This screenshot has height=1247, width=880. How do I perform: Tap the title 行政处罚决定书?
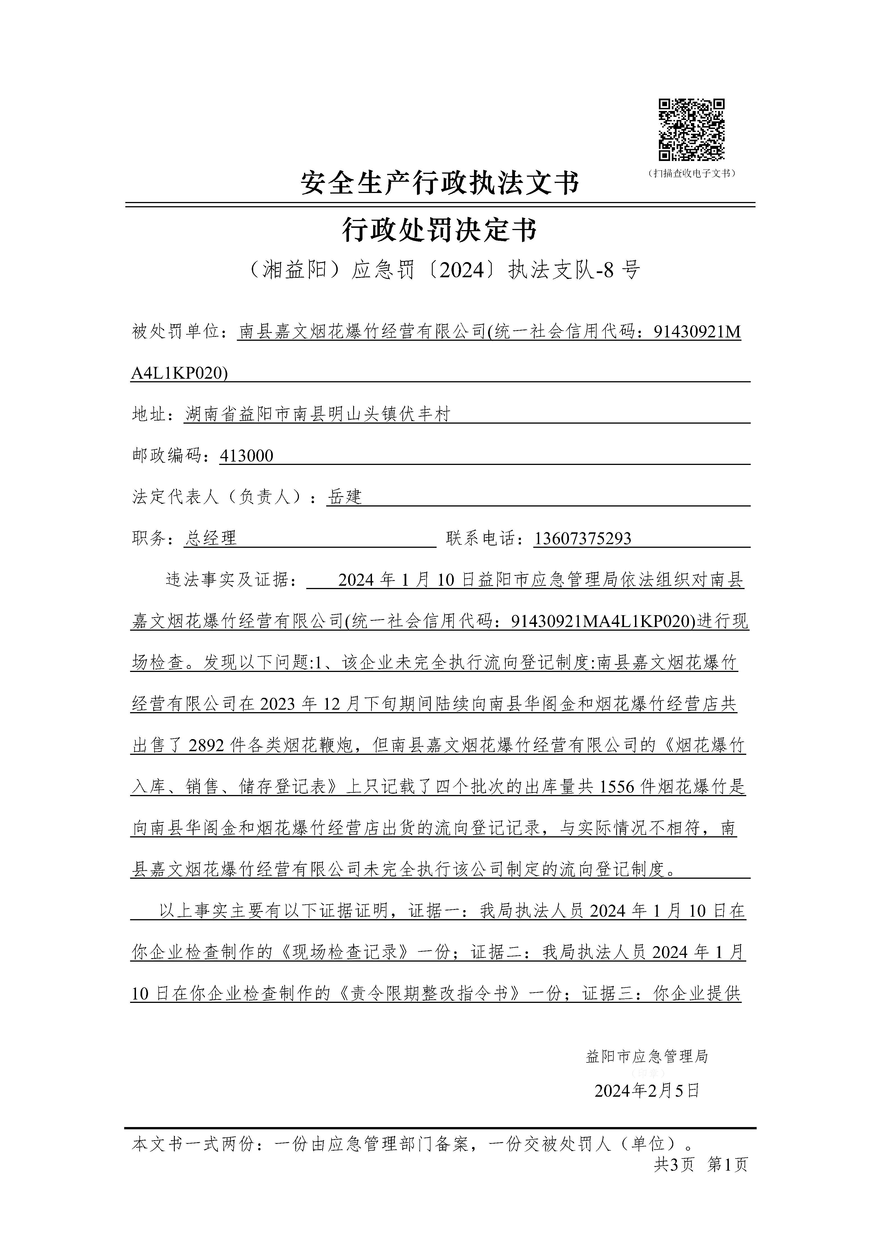pyautogui.click(x=440, y=230)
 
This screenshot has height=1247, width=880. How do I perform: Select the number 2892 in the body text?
pyautogui.click(x=207, y=746)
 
